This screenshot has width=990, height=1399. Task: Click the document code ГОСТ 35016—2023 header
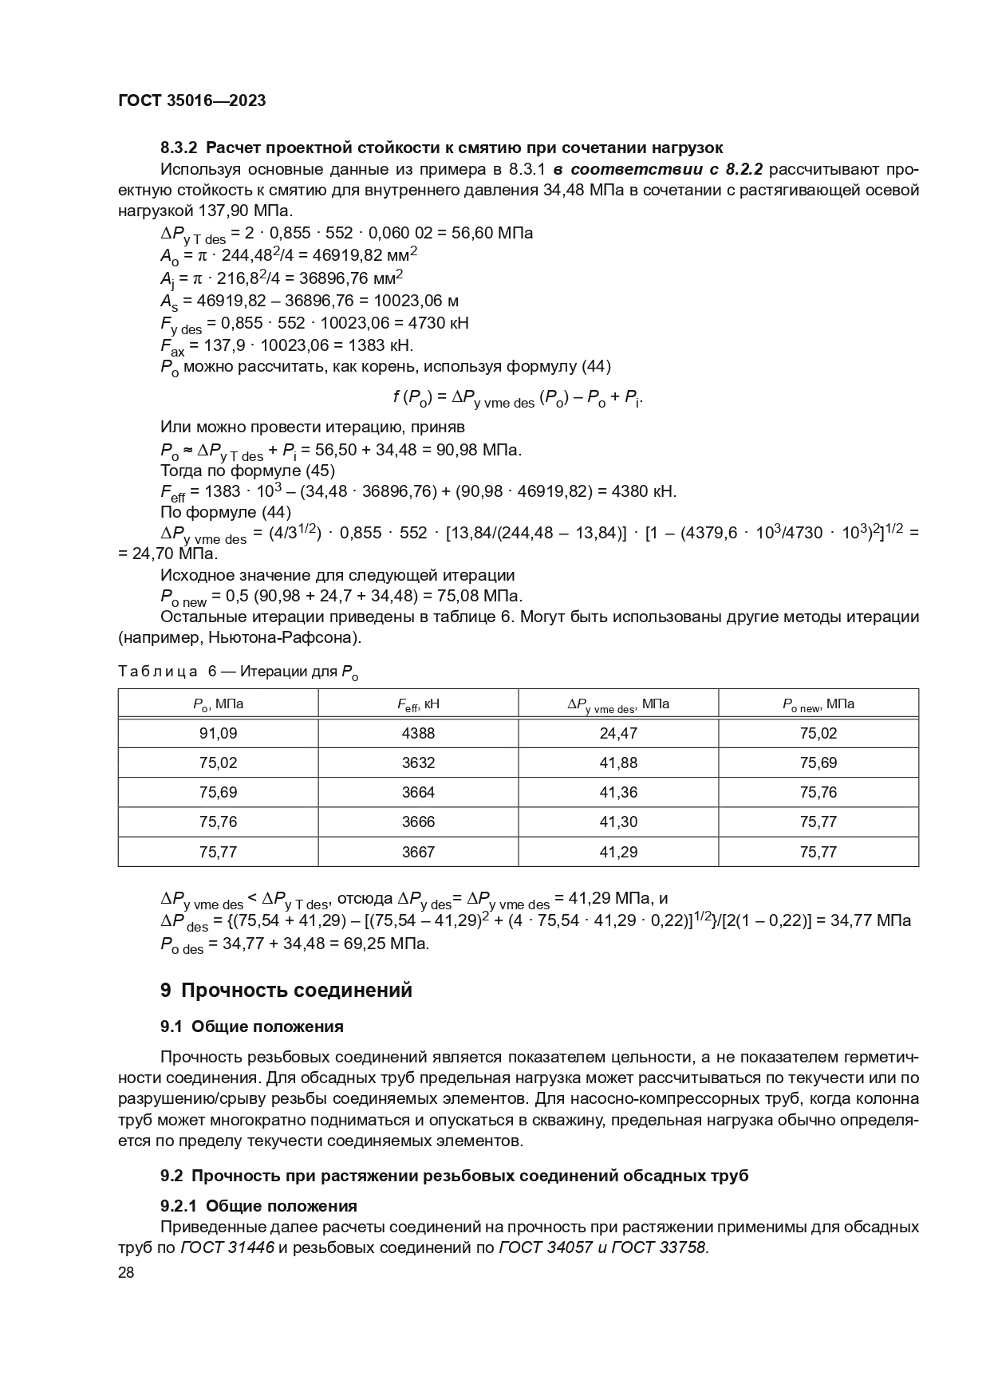(x=191, y=100)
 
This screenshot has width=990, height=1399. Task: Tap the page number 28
(x=126, y=1272)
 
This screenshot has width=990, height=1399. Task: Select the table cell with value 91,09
(x=218, y=733)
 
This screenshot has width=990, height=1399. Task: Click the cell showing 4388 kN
(x=418, y=733)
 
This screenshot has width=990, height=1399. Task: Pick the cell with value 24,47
(x=618, y=733)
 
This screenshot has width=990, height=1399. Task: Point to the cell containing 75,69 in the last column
(x=818, y=763)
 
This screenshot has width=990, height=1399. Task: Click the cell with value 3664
(x=418, y=792)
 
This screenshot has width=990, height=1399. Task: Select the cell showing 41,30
(x=618, y=822)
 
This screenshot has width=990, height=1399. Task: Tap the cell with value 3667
(x=418, y=852)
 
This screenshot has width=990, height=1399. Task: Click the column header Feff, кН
(x=418, y=704)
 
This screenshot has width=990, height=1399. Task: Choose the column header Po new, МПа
(x=818, y=704)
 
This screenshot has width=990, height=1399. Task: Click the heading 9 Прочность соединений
(x=286, y=991)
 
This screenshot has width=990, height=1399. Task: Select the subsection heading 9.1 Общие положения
(x=252, y=1027)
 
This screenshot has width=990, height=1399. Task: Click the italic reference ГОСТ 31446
(x=227, y=1248)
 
